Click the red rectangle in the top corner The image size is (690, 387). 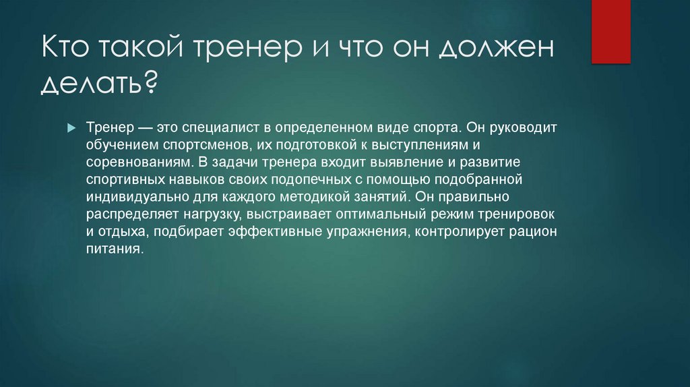pos(611,31)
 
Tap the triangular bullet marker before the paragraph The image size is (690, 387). pos(71,127)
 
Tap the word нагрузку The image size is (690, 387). pos(216,215)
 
